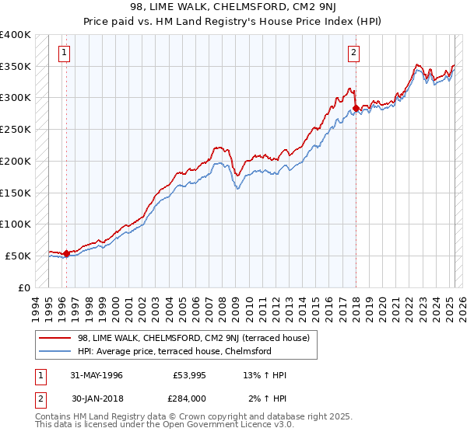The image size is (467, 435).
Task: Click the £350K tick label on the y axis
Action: pos(16,67)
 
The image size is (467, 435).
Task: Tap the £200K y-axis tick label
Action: pos(16,161)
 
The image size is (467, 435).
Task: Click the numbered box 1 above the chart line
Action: pos(63,53)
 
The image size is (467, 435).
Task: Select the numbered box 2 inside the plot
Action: pos(353,53)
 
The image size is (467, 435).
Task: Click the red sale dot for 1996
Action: pos(66,252)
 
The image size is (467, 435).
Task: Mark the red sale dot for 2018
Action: pos(356,107)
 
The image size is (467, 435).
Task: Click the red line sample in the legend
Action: pos(54,338)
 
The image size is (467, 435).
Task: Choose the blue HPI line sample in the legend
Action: pos(54,351)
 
